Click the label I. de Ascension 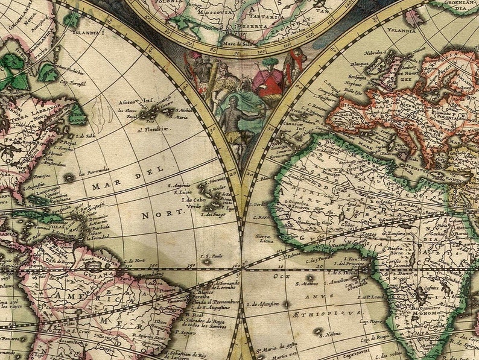point(263,303)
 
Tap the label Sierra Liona point(265,239)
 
